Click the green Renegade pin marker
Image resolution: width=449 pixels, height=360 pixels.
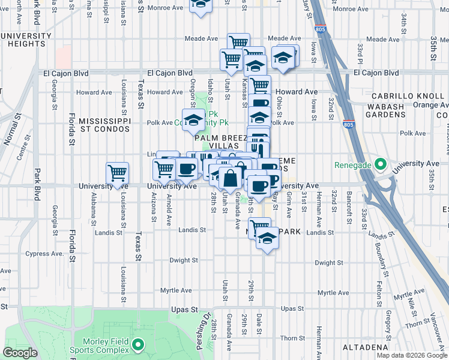click(x=379, y=164)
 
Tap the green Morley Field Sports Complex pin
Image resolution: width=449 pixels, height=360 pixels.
click(x=139, y=344)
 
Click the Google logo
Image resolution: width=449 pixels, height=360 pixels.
click(x=20, y=353)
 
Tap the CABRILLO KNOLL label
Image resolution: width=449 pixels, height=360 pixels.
click(x=410, y=96)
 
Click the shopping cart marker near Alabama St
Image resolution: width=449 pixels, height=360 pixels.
click(x=117, y=173)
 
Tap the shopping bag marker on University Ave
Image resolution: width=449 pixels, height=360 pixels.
click(x=231, y=178)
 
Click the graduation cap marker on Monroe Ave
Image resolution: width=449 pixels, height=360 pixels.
click(x=200, y=5)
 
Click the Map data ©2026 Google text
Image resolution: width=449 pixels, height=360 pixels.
click(x=411, y=355)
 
